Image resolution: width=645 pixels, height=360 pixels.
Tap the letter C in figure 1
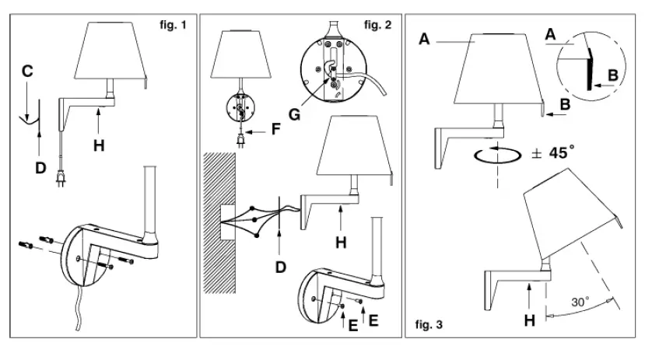click(28, 71)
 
